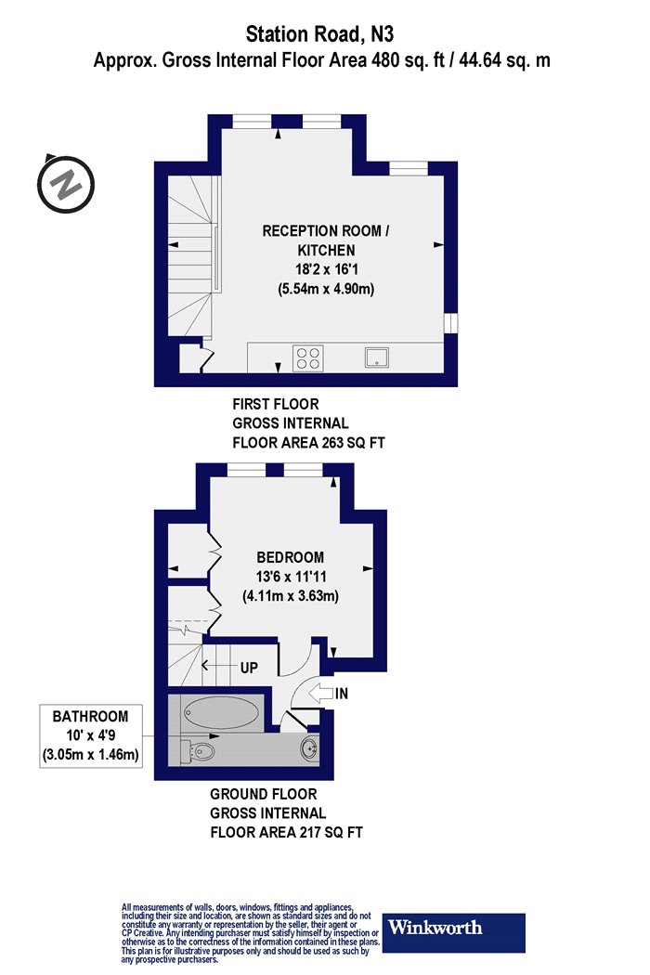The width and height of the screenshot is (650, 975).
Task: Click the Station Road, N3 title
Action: [x=319, y=34]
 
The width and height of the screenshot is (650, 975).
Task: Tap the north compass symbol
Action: [x=65, y=184]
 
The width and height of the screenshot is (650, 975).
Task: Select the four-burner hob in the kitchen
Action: [x=308, y=357]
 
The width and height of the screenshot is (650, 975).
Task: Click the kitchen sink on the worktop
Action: [x=376, y=357]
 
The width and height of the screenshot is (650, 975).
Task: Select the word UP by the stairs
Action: [x=249, y=668]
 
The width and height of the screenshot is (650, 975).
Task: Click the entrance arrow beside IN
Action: [x=320, y=692]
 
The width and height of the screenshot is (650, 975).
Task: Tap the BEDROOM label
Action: [x=290, y=557]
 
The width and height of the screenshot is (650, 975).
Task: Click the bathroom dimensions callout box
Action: [x=91, y=736]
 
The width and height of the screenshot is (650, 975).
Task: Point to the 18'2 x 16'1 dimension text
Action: [x=326, y=270]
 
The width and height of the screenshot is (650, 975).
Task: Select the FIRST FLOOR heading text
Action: [x=276, y=404]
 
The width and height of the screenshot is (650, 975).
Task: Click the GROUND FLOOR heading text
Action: [x=264, y=794]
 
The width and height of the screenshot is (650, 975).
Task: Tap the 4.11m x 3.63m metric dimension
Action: [x=291, y=596]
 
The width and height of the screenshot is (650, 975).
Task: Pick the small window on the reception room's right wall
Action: [x=451, y=323]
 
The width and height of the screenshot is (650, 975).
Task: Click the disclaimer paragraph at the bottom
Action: [x=251, y=933]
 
